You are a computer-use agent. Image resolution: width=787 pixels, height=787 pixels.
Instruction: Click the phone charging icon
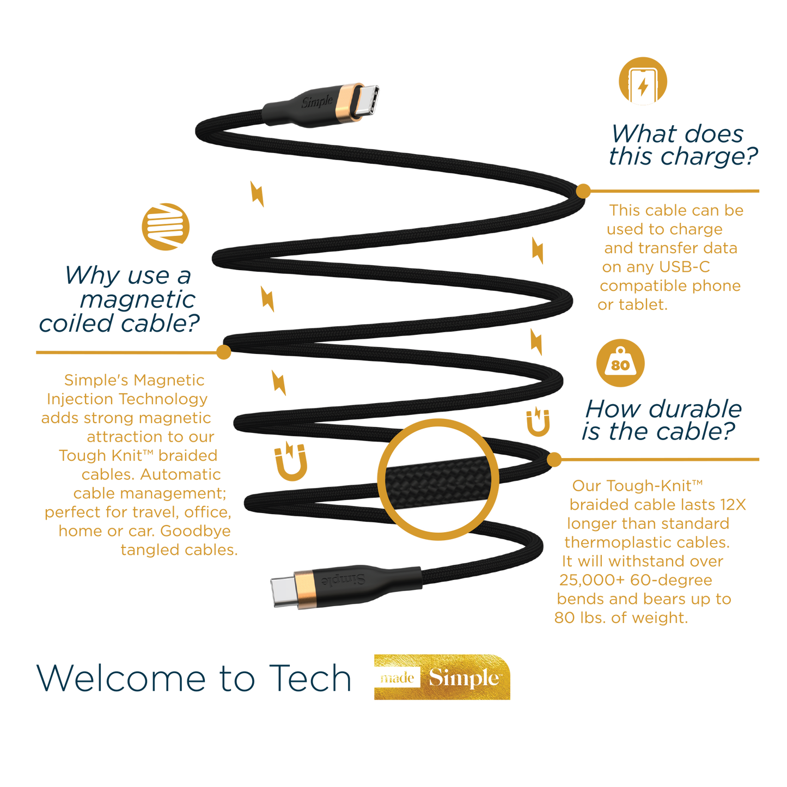pyautogui.click(x=643, y=82)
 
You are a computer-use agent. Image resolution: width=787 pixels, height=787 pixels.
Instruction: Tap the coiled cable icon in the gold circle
pyautogui.click(x=166, y=227)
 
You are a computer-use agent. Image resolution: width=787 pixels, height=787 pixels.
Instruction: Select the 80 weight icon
pyautogui.click(x=620, y=363)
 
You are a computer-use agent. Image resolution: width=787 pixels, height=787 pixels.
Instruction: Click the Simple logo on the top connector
pyautogui.click(x=318, y=102)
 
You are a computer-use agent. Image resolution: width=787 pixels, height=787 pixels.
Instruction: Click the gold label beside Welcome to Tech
pyautogui.click(x=442, y=677)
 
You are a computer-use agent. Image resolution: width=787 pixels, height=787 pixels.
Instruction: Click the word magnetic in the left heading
pyautogui.click(x=137, y=300)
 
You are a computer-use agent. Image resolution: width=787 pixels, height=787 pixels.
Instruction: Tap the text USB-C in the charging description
pyautogui.click(x=684, y=267)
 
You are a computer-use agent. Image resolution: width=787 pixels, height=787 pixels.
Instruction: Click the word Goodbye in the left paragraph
pyautogui.click(x=195, y=531)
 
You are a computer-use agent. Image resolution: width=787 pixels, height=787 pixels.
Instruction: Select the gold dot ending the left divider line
pyautogui.click(x=223, y=352)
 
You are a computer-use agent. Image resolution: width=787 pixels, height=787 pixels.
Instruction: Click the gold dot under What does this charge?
pyautogui.click(x=584, y=191)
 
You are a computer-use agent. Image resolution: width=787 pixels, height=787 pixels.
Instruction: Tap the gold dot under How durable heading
pyautogui.click(x=554, y=459)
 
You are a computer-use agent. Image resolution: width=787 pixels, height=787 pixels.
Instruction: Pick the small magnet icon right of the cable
pyautogui.click(x=538, y=422)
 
